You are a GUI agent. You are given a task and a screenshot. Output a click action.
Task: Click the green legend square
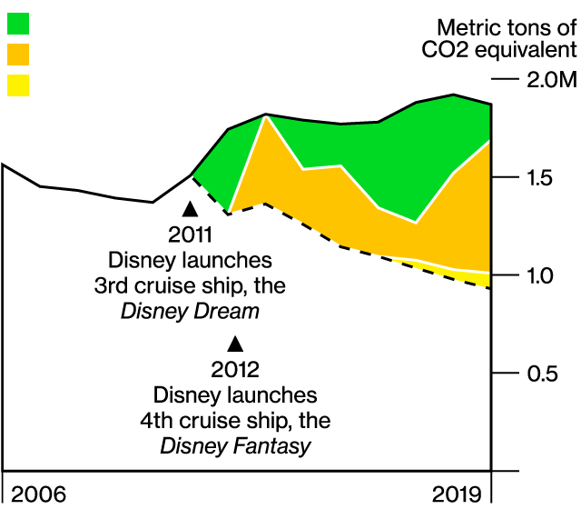(18, 24)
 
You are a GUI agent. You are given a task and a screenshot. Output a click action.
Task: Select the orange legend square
(18, 55)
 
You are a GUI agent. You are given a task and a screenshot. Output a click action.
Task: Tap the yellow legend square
(18, 85)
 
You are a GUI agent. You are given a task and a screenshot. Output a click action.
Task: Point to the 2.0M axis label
(552, 79)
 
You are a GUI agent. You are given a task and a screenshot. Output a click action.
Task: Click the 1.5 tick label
(539, 178)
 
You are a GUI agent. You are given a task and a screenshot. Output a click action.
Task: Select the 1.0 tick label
(540, 275)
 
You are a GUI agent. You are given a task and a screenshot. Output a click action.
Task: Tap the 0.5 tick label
(542, 374)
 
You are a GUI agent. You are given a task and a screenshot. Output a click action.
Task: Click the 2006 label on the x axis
(38, 494)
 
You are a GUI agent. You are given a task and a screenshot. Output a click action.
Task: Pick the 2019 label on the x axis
(457, 494)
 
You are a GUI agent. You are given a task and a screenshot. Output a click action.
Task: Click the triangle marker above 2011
(190, 209)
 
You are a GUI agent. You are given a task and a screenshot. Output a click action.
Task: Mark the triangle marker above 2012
(235, 344)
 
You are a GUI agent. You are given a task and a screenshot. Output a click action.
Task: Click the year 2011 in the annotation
(190, 235)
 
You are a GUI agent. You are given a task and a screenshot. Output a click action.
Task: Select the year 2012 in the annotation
(235, 370)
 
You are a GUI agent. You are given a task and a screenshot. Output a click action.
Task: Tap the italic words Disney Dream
(190, 311)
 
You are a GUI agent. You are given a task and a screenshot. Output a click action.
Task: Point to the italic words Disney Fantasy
(236, 446)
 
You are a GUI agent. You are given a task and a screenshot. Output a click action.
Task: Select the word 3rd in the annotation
(112, 286)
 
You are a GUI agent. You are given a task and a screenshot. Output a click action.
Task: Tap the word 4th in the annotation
(156, 421)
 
